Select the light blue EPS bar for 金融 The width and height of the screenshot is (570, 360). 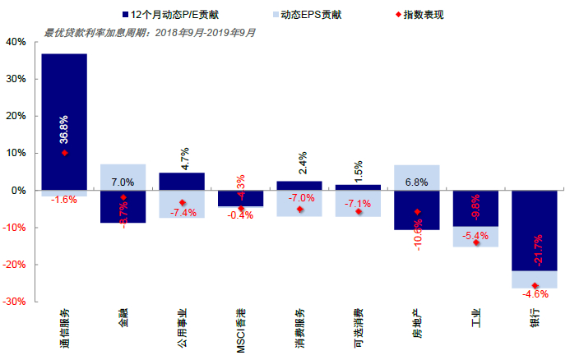(123, 176)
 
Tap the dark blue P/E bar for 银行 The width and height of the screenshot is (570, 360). (534, 230)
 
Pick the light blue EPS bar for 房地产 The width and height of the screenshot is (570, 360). (416, 177)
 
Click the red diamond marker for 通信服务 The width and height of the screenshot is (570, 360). (64, 153)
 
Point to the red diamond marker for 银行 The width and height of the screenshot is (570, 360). (535, 285)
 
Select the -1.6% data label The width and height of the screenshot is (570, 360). (64, 200)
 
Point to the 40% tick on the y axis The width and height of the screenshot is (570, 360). (16, 42)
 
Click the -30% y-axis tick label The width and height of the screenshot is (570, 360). (14, 302)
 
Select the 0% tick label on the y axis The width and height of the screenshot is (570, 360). (19, 191)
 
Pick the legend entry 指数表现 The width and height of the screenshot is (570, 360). (420, 15)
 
